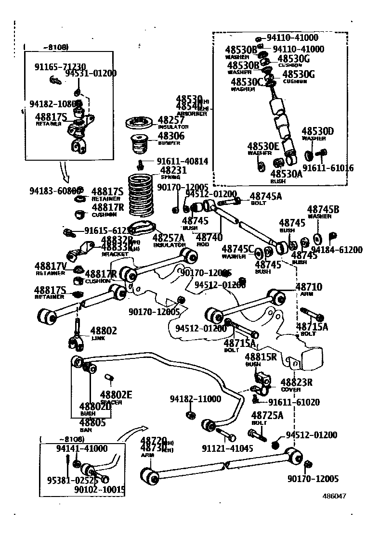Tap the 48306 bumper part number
pyautogui.click(x=171, y=136)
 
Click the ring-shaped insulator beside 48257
pyautogui.click(x=140, y=122)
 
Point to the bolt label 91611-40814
pyautogui.click(x=183, y=162)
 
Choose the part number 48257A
pyautogui.click(x=169, y=238)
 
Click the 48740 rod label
pyautogui.click(x=209, y=237)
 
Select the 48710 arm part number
pyautogui.click(x=309, y=287)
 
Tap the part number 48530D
pyautogui.click(x=318, y=131)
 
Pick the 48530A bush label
pyautogui.click(x=286, y=174)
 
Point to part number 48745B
pyautogui.click(x=323, y=209)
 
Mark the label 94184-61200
pyautogui.click(x=337, y=250)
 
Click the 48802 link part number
pyautogui.click(x=104, y=331)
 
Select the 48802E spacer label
pyautogui.click(x=116, y=395)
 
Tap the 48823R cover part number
pyautogui.click(x=296, y=382)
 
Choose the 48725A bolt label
pyautogui.click(x=267, y=415)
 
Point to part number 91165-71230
pyautogui.click(x=60, y=67)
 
